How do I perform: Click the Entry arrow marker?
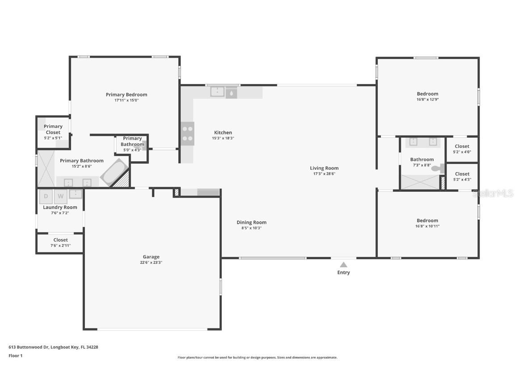point(343,264)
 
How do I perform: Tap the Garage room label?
point(151,257)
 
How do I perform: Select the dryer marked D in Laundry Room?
point(46,197)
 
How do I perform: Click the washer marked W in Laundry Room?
point(61,197)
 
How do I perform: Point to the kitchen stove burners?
point(188,134)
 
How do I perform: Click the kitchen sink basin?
point(218,92)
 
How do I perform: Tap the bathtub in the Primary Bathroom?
point(114,172)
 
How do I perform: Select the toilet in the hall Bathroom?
point(437,168)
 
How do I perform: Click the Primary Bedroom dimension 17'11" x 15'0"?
point(126,101)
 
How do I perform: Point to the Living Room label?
point(324,168)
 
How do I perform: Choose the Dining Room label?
point(251,222)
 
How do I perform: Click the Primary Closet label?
point(53,129)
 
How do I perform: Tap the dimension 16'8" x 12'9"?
point(427,100)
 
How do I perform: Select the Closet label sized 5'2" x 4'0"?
point(462,146)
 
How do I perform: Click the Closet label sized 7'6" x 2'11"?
point(61,240)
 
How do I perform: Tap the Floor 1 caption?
point(15,356)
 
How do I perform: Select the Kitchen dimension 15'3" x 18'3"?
point(223,138)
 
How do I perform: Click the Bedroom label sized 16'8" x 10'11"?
point(427,220)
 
